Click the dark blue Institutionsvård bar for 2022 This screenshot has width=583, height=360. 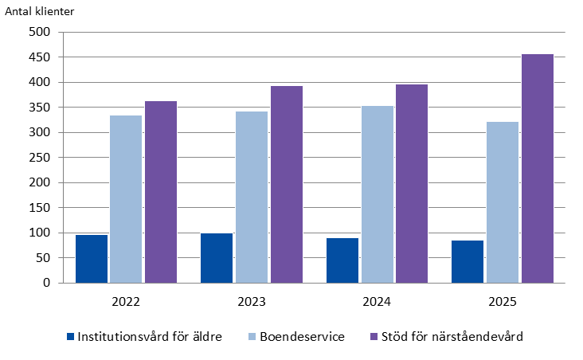(92, 259)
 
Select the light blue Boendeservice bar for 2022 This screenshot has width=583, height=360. (126, 199)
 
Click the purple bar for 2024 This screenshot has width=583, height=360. (412, 184)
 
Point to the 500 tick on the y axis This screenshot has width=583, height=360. (39, 33)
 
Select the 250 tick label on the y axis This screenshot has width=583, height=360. (39, 158)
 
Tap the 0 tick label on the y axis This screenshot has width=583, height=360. (46, 283)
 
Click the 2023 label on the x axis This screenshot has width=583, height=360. (252, 302)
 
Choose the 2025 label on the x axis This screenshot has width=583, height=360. (503, 302)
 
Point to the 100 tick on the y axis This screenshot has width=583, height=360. (39, 233)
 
